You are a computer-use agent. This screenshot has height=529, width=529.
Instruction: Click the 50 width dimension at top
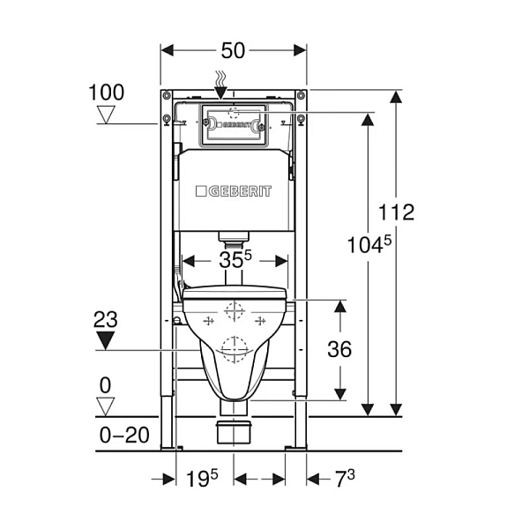[x=233, y=50]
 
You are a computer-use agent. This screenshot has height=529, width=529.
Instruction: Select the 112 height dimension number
[x=396, y=212]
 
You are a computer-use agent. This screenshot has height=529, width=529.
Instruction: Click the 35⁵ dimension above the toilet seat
[x=233, y=260]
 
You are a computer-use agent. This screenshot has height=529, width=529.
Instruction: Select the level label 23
[x=106, y=319]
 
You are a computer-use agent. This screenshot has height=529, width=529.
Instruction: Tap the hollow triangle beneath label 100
[x=107, y=115]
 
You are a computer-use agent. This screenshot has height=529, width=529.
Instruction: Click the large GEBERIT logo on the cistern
[x=234, y=191]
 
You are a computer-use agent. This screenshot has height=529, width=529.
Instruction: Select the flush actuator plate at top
[x=233, y=124]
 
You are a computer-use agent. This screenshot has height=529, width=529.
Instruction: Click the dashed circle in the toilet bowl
[x=234, y=349]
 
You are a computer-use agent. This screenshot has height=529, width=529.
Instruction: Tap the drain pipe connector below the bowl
[x=234, y=433]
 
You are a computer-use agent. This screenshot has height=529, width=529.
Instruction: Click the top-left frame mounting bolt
[x=166, y=95]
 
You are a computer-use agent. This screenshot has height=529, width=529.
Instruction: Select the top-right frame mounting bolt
[x=302, y=95]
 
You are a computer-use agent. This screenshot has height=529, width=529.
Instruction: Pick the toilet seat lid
[x=234, y=294]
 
